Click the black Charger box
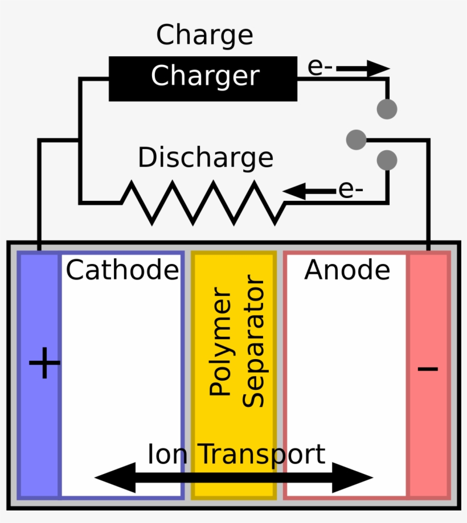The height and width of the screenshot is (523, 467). pos(203,78)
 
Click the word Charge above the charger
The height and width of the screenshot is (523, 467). pos(204,35)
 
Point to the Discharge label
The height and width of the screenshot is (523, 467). pos(206,158)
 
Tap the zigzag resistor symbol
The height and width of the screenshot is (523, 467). pos(203,202)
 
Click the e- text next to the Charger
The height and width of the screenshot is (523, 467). pos(320,67)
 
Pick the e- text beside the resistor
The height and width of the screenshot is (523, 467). pos(350,190)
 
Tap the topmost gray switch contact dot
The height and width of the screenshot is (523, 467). pos(387,109)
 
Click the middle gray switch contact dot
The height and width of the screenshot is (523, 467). pos(357,139)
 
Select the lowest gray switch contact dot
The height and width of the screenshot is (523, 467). pos(387,160)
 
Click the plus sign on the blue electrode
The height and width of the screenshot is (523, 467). pos(44,364)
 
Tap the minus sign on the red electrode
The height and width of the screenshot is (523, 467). pos(428,368)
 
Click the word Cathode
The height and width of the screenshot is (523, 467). pos(122,270)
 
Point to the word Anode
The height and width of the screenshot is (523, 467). pos(347,270)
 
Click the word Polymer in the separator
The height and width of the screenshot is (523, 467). pos(220,344)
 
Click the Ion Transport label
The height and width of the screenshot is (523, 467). pos(236,455)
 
